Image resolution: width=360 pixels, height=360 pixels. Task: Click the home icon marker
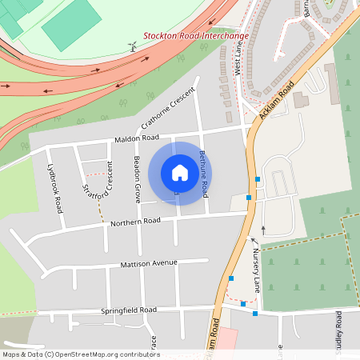(180, 172)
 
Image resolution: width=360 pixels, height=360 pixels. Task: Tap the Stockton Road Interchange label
(195, 35)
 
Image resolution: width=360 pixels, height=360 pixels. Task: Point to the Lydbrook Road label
(54, 189)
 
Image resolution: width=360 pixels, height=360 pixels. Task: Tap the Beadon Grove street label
(138, 178)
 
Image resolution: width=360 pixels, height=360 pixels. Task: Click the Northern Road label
(136, 222)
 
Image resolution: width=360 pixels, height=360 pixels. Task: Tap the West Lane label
(238, 60)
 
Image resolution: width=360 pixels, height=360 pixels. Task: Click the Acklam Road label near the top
(278, 100)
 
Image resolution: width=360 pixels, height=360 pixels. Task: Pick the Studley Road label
(339, 333)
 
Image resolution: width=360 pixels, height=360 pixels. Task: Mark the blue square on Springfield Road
(255, 314)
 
